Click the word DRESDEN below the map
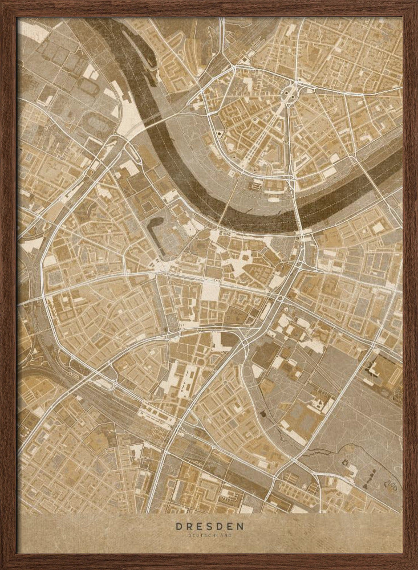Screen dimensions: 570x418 (x=209, y=527)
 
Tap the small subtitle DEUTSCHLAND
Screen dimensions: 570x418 (x=209, y=535)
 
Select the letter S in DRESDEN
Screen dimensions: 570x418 (x=209, y=527)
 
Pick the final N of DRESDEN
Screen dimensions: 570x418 (x=240, y=527)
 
